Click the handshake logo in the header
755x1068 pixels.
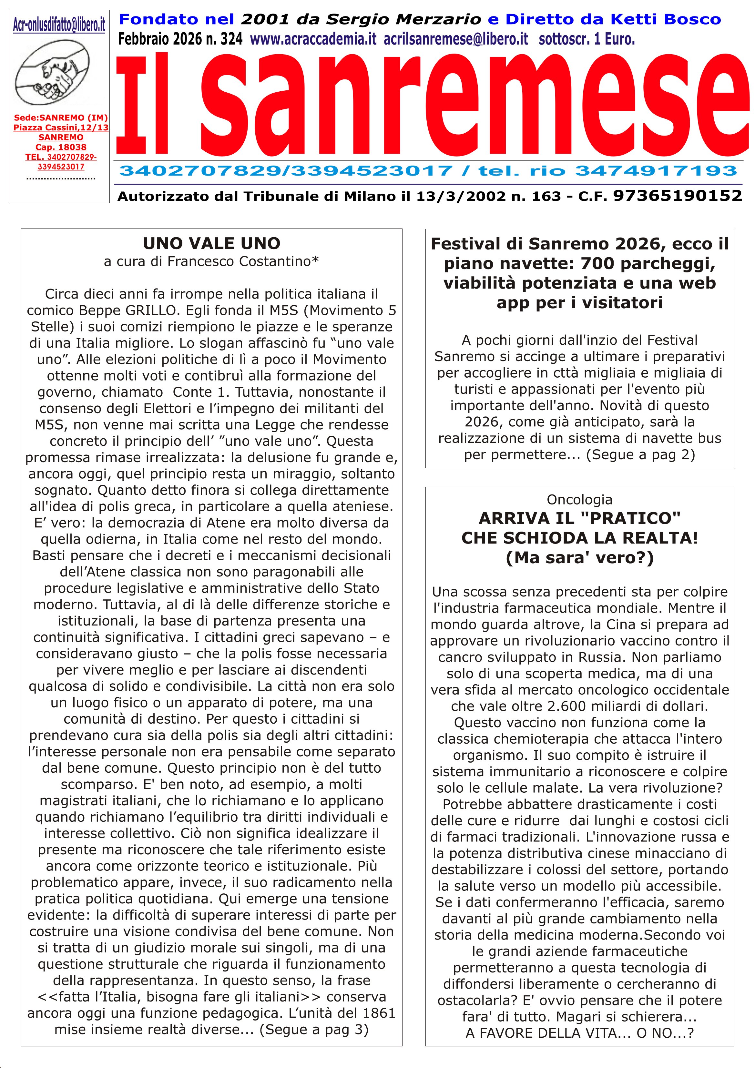point(54,72)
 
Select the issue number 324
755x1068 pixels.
point(231,39)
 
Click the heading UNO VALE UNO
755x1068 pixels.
point(212,243)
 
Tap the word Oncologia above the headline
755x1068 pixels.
point(579,500)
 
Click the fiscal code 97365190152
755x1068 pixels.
point(677,196)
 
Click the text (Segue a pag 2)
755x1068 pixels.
point(640,454)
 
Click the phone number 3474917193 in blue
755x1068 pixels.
point(656,171)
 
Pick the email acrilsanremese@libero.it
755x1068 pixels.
point(456,39)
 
